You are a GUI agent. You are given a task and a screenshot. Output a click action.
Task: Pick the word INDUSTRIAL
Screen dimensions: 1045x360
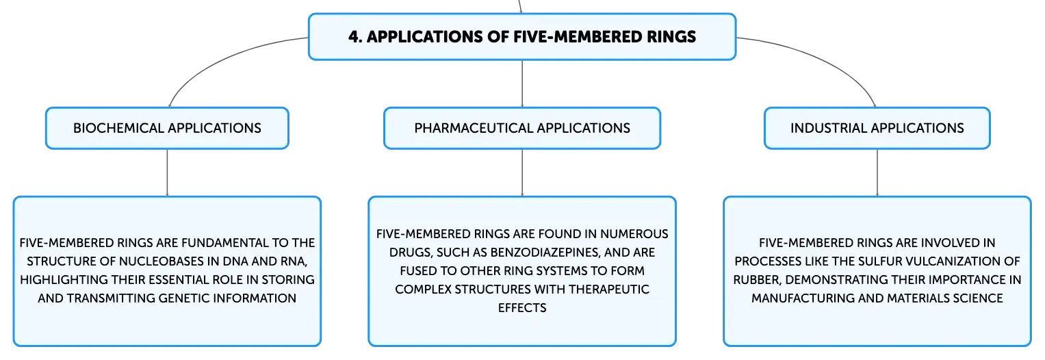pos(828,128)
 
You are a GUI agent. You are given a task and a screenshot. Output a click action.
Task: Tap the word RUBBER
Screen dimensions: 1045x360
pos(757,280)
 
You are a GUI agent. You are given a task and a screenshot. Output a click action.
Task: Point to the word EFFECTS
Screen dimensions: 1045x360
pos(522,308)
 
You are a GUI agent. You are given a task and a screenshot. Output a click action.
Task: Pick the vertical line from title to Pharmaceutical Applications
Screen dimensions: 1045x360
pos(522,83)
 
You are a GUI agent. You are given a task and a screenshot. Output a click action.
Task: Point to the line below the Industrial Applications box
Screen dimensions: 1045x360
pos(877,172)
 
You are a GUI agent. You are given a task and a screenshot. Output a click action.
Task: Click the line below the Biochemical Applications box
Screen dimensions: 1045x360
pos(167,172)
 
